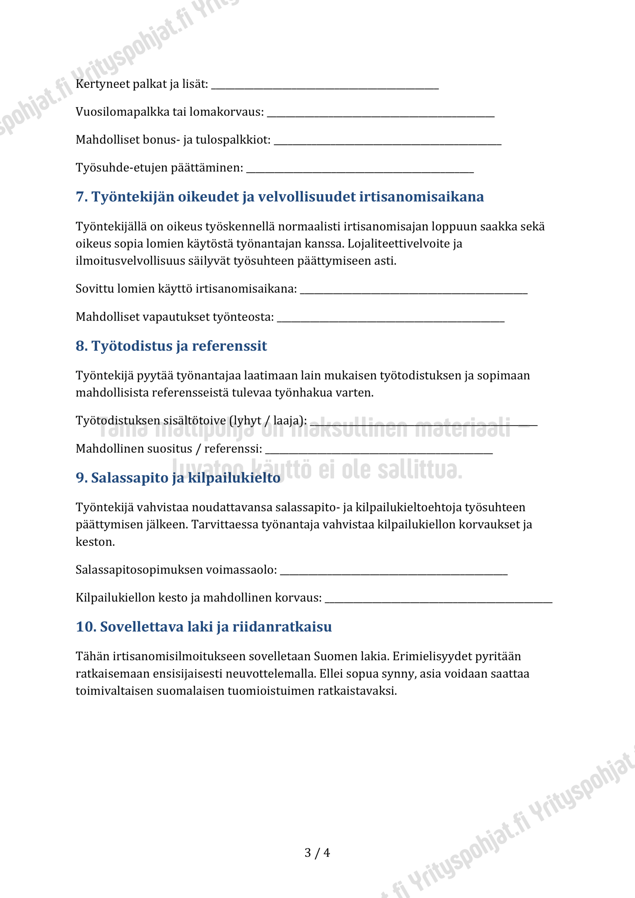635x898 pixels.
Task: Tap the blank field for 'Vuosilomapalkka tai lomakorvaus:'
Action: click(x=380, y=115)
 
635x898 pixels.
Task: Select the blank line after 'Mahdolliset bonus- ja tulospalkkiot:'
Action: click(x=387, y=143)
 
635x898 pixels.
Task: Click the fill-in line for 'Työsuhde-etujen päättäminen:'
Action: click(x=360, y=170)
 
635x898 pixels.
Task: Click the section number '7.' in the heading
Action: click(x=82, y=197)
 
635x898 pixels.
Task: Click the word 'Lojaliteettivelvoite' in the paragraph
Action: click(x=400, y=244)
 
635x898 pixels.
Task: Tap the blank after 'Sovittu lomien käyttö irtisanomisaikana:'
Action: click(x=414, y=292)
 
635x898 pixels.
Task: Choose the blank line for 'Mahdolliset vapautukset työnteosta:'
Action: click(x=391, y=320)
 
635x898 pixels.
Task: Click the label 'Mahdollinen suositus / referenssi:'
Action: click(x=169, y=449)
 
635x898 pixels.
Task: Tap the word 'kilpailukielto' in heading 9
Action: click(x=234, y=478)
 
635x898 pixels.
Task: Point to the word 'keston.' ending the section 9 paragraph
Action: click(x=95, y=542)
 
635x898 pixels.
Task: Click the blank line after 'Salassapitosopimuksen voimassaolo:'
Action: click(x=394, y=573)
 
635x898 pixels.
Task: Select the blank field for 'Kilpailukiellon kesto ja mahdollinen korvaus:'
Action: click(x=438, y=601)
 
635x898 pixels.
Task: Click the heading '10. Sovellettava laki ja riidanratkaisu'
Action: click(x=204, y=627)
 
